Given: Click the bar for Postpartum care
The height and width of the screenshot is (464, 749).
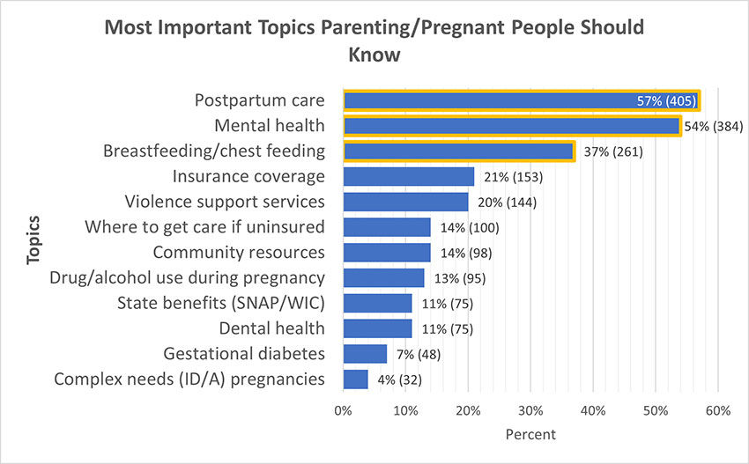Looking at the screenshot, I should click(520, 100).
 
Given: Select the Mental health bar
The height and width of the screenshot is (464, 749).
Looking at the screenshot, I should click(511, 126).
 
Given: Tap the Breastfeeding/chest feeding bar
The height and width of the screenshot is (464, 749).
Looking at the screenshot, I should click(458, 151).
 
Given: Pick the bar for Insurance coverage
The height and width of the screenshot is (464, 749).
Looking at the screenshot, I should click(409, 177).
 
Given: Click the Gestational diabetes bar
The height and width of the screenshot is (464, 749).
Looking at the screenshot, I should click(365, 354).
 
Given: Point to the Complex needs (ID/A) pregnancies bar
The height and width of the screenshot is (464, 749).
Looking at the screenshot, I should click(355, 379).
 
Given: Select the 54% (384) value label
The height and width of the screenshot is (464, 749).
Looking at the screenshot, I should click(714, 126).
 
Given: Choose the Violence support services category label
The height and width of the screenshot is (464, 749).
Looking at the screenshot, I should click(225, 202).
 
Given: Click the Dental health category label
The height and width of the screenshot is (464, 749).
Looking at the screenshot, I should click(271, 328).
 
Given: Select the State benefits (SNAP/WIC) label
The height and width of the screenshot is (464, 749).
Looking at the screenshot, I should click(220, 304).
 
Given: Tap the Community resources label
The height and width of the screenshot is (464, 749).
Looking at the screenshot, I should click(238, 253).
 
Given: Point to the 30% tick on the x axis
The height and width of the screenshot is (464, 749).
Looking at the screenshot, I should click(530, 410).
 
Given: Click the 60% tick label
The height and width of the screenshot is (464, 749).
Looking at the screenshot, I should click(718, 410).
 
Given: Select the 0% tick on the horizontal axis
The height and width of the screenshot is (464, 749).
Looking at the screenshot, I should click(343, 410).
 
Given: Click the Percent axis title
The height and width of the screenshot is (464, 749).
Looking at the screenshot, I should click(530, 434).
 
